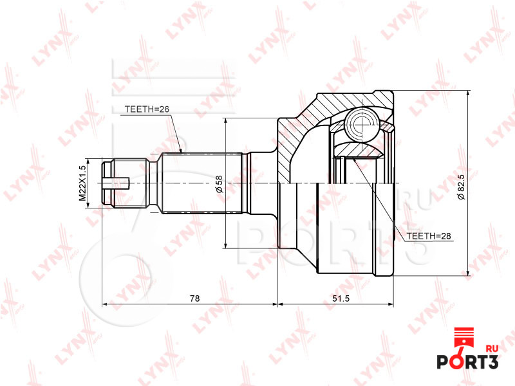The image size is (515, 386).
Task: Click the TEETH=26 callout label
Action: (147, 109)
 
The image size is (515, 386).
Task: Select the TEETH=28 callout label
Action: (429, 236)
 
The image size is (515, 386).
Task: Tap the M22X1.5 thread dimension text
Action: (82, 183)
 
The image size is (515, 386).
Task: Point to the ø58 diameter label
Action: (220, 184)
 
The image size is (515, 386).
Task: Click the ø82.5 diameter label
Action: (461, 187)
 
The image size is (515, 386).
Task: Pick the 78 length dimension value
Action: (195, 299)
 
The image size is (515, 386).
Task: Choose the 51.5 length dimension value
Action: (341, 299)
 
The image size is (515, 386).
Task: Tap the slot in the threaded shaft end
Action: (117, 183)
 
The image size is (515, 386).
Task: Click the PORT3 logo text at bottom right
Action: (467, 362)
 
